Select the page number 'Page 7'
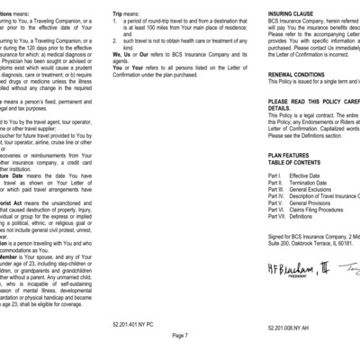(x=179, y=334)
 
